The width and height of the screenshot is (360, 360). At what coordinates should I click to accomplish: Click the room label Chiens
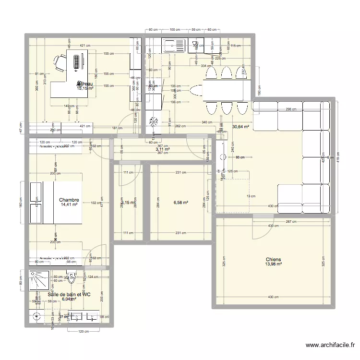[x=272, y=259]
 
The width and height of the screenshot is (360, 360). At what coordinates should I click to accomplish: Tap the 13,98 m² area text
[x=272, y=264]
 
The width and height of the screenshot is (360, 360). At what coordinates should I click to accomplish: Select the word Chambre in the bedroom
[x=69, y=200]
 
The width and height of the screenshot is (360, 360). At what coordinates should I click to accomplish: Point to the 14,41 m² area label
[x=69, y=205]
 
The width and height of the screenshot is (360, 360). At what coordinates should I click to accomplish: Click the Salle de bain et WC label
[x=69, y=293]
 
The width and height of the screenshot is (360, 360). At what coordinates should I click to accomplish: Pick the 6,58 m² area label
[x=180, y=203]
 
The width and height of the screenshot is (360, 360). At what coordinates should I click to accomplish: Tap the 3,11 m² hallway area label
[x=163, y=149]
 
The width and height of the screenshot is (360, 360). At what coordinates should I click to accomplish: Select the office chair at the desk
[x=60, y=63]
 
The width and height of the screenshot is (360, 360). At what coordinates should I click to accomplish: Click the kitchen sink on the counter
[x=171, y=46]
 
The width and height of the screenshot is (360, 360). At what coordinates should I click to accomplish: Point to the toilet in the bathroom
[x=72, y=278]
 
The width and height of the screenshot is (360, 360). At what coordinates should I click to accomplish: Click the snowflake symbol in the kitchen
[x=154, y=122]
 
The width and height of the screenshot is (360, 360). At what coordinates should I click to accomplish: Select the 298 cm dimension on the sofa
[x=289, y=109]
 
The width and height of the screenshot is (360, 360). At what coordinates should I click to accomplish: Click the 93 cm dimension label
[x=240, y=157]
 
